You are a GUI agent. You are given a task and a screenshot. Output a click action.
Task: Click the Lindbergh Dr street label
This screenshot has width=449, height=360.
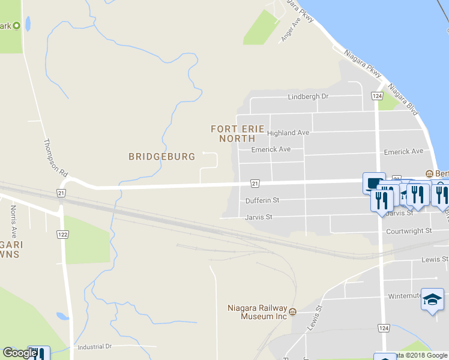pyautogui.click(x=309, y=96)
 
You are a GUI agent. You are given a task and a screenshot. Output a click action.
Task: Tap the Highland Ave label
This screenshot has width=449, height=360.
pyautogui.click(x=288, y=133)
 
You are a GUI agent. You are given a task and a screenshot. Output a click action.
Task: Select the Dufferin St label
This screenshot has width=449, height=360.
pyautogui.click(x=263, y=200)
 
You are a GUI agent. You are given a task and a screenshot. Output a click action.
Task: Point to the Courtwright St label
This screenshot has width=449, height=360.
pyautogui.click(x=409, y=230)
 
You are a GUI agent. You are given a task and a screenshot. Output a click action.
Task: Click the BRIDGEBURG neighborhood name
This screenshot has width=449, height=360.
pyautogui.click(x=162, y=157)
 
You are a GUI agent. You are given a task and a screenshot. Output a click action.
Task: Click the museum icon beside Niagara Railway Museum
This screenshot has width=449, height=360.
pyautogui.click(x=293, y=312)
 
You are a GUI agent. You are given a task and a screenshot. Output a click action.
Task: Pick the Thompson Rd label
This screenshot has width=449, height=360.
pyautogui.click(x=54, y=157)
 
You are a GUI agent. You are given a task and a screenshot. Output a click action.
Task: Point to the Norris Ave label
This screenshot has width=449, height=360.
pyautogui.click(x=13, y=220)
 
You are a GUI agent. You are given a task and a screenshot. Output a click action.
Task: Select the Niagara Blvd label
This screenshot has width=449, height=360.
pyautogui.click(x=403, y=100)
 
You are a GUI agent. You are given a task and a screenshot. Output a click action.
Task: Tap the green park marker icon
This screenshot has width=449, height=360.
pyautogui.click(x=16, y=26)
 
